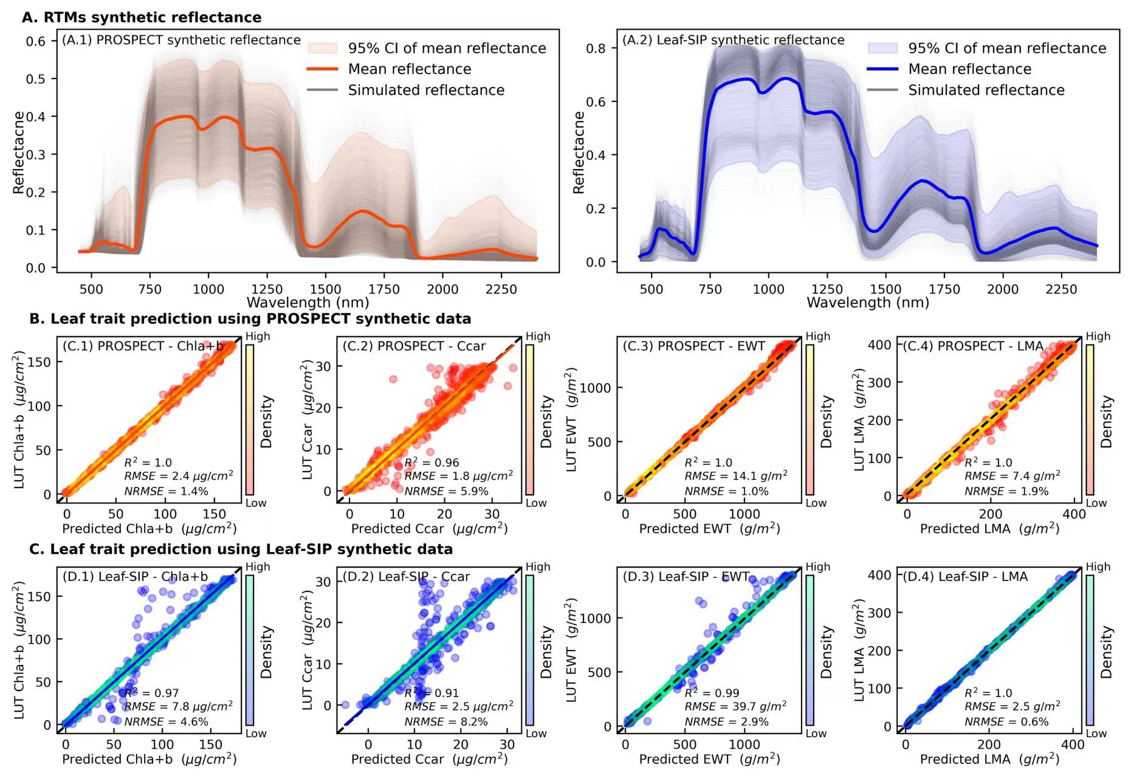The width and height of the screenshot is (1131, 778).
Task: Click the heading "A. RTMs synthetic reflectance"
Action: click(x=142, y=17)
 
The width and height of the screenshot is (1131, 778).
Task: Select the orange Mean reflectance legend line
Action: click(x=322, y=69)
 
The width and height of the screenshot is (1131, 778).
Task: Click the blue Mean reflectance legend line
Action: click(x=882, y=69)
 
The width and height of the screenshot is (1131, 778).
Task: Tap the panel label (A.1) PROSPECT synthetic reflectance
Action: click(x=181, y=40)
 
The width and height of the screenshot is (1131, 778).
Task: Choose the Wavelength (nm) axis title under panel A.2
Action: click(x=867, y=302)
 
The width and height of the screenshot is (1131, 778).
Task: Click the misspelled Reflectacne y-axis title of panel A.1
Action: click(x=19, y=153)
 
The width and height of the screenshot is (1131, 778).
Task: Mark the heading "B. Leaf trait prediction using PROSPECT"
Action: click(x=250, y=318)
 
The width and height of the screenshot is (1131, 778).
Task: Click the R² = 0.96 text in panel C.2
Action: click(x=431, y=463)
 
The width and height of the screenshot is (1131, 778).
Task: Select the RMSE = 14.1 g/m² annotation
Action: click(x=735, y=477)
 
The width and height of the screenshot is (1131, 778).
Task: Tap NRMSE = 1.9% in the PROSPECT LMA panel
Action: click(x=1006, y=491)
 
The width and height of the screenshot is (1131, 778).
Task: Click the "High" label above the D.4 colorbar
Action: click(x=1098, y=566)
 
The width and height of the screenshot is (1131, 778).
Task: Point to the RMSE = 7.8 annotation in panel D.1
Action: click(x=178, y=707)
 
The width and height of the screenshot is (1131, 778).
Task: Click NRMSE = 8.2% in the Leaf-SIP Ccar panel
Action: click(x=446, y=721)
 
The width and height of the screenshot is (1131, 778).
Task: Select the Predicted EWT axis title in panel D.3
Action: click(x=709, y=759)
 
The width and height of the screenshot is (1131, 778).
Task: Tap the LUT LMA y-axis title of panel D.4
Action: click(x=859, y=650)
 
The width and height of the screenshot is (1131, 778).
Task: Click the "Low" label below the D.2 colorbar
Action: click(x=536, y=734)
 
